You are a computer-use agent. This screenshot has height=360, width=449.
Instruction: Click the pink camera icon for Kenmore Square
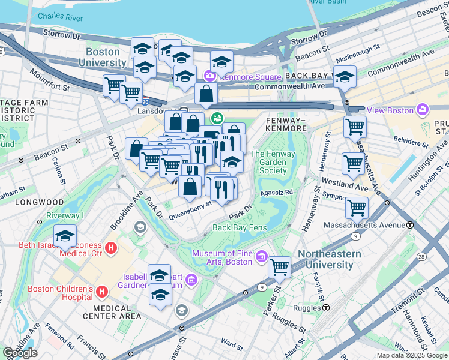(209, 76)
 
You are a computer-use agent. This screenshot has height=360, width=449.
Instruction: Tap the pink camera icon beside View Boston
(423, 110)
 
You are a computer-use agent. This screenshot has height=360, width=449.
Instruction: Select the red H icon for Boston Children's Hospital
(102, 292)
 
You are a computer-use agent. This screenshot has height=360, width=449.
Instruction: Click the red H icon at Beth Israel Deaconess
(110, 247)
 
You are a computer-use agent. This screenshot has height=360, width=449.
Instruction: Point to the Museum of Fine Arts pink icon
(261, 257)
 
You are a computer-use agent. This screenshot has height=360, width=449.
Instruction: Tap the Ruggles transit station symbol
(326, 308)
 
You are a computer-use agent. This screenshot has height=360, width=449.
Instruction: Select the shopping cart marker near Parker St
(279, 266)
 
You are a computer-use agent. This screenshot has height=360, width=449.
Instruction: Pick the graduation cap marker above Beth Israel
(65, 236)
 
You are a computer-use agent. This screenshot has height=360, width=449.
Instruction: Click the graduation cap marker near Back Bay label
(345, 76)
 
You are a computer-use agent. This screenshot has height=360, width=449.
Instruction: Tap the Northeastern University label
(333, 259)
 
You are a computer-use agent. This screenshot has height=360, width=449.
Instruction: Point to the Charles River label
(60, 17)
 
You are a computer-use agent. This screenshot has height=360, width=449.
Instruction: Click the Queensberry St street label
(192, 205)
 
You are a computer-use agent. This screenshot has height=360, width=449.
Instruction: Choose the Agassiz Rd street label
(276, 193)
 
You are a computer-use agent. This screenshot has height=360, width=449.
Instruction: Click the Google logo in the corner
(20, 353)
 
